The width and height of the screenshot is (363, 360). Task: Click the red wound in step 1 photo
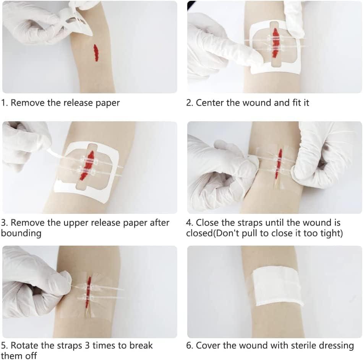tap(96, 53)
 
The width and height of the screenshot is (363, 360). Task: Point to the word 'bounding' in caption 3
tap(21, 233)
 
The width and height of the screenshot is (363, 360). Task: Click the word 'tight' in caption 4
tap(332, 233)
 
